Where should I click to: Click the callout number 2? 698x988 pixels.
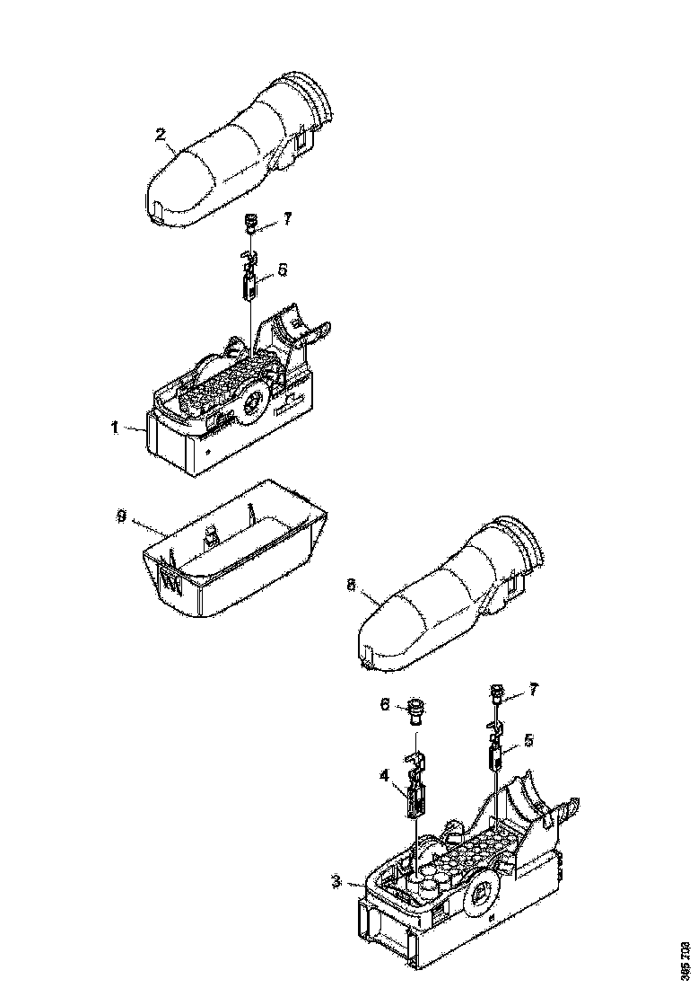(x=161, y=135)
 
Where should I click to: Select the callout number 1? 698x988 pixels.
(x=114, y=428)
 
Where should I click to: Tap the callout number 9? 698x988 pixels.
(x=121, y=516)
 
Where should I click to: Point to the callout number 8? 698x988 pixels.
(x=351, y=584)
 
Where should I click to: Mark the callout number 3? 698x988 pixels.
(x=335, y=883)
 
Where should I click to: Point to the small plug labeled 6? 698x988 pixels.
(x=414, y=710)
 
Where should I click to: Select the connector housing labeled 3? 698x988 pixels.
(x=449, y=907)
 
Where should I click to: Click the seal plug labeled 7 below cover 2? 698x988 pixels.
(x=251, y=221)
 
